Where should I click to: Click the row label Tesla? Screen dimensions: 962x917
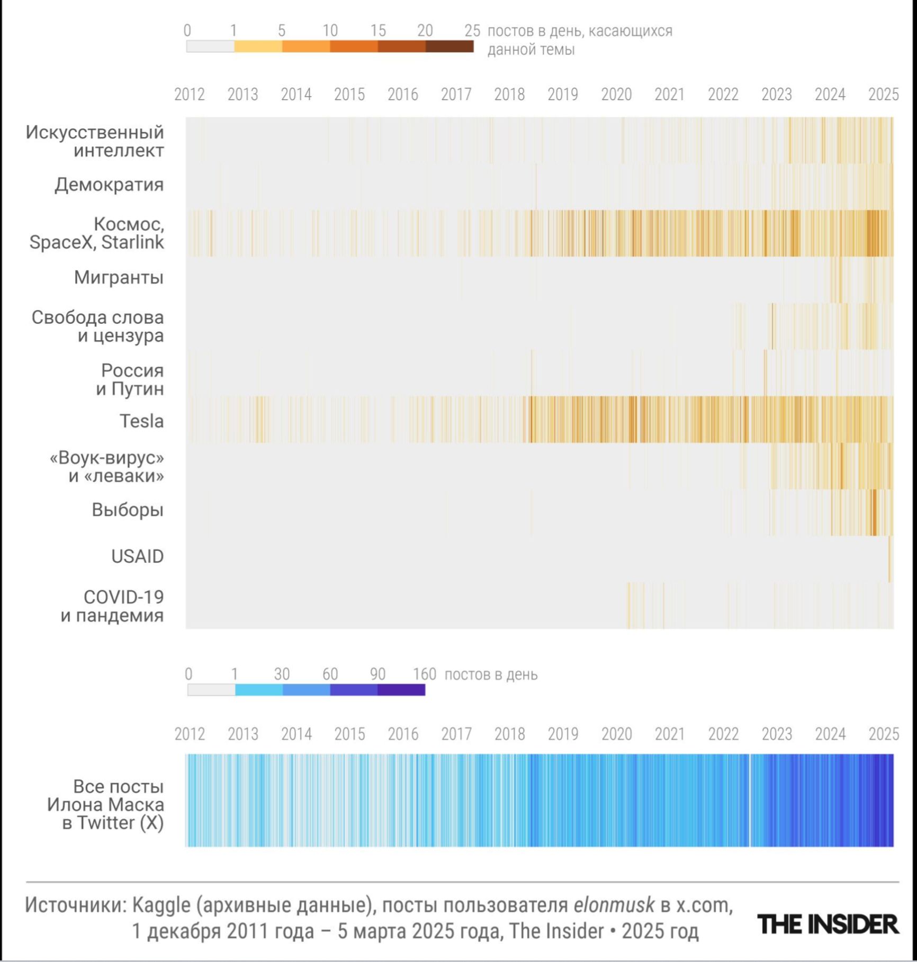pos(141,421)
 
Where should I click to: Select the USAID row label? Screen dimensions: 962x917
pos(137,557)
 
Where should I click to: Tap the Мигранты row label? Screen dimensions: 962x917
pos(119,277)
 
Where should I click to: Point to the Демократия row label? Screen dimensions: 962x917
pos(109,185)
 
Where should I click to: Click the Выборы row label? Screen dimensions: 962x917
pos(128,510)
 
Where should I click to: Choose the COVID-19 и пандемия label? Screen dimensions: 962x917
pos(112,606)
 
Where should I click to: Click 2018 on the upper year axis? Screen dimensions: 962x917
pos(509,95)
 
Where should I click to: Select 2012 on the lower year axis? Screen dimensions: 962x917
pos(190,734)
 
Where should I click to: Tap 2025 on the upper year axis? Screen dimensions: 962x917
pos(883,95)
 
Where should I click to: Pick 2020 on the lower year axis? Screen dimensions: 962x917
pos(616,734)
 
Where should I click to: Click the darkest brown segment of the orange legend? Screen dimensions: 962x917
pos(449,47)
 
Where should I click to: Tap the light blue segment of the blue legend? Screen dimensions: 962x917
pos(259,690)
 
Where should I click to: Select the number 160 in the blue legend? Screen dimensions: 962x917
pos(424,675)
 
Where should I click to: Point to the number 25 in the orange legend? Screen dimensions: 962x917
pos(472,31)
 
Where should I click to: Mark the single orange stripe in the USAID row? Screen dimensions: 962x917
pos(890,559)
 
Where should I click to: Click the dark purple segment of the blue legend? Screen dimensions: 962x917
pos(401,690)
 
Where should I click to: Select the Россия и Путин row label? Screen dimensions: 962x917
pos(130,379)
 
